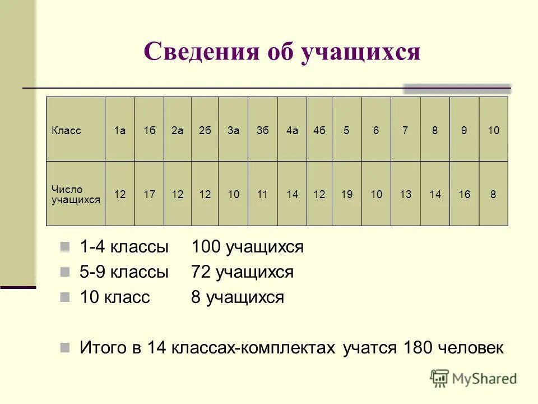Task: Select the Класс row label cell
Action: [x=67, y=131]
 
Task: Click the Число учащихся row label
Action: [x=75, y=194]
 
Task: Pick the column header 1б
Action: [x=149, y=131]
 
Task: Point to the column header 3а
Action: [x=234, y=131]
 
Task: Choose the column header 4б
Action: [x=319, y=131]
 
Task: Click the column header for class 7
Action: [x=405, y=131]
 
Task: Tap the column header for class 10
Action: [x=493, y=131]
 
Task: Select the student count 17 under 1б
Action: [x=149, y=195]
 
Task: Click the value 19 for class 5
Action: [x=347, y=195]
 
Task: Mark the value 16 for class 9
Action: [x=464, y=195]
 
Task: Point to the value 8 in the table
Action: [x=493, y=195]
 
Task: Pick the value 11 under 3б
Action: [x=262, y=195]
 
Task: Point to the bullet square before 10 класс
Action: [x=65, y=296]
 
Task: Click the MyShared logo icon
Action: [x=440, y=378]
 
